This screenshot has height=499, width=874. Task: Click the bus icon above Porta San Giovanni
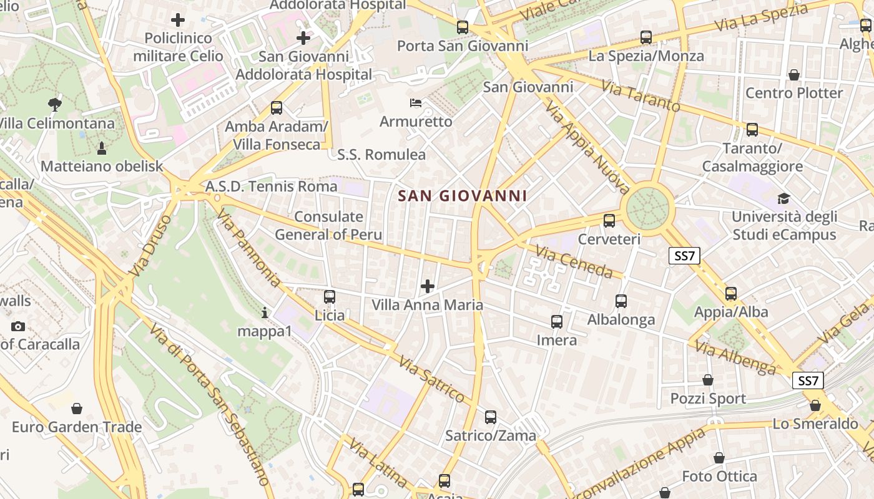point(462,27)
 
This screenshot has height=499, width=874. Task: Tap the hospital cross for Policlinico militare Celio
point(178,20)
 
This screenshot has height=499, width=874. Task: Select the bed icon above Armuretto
point(416,102)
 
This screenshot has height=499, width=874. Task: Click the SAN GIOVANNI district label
point(463,196)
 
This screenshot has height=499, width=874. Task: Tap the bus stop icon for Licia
point(330,297)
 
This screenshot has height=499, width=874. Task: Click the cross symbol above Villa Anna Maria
point(428,286)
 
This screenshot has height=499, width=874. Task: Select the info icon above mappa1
point(265,312)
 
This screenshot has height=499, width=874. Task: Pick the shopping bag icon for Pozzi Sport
point(708,380)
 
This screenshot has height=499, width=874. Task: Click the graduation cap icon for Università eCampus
point(783,199)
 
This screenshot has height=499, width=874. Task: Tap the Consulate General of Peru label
point(328,226)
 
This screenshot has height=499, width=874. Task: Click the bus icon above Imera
point(557,322)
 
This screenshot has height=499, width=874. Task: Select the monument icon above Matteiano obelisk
point(101,148)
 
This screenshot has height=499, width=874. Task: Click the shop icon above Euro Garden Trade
point(77,409)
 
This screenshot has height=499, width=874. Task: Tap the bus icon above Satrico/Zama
point(491,417)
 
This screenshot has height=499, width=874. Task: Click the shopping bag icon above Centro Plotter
point(794,75)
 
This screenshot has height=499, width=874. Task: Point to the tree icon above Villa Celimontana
point(55,105)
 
